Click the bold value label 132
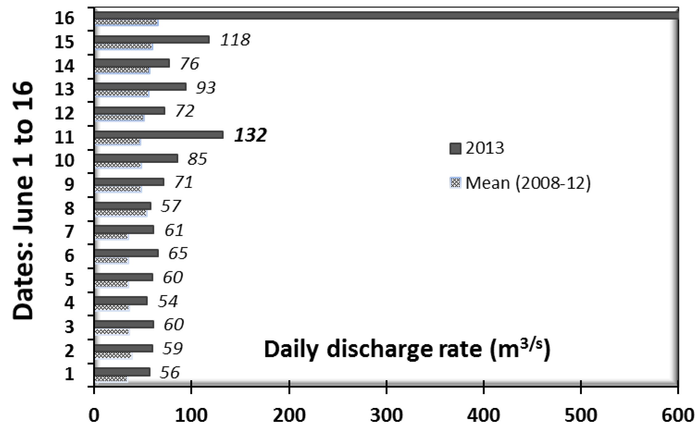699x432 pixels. pyautogui.click(x=250, y=135)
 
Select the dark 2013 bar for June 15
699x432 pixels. pyautogui.click(x=152, y=39)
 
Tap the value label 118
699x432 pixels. pyautogui.click(x=235, y=40)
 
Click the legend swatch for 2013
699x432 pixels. pyautogui.click(x=455, y=148)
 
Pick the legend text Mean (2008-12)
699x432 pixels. pyautogui.click(x=528, y=183)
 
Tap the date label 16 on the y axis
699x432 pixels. pyautogui.click(x=64, y=18)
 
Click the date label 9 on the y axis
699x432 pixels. pyautogui.click(x=69, y=185)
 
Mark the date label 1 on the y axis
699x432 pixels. pyautogui.click(x=69, y=374)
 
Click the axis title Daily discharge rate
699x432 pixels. pyautogui.click(x=407, y=350)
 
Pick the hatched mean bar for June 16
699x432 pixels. pyautogui.click(x=126, y=23)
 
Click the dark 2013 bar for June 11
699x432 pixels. pyautogui.click(x=159, y=135)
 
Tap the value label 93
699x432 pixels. pyautogui.click(x=206, y=88)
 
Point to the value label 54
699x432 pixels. pyautogui.click(x=168, y=301)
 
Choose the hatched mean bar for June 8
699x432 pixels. pyautogui.click(x=121, y=213)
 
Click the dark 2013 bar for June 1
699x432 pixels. pyautogui.click(x=122, y=372)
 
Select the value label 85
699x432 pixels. pyautogui.click(x=197, y=159)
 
